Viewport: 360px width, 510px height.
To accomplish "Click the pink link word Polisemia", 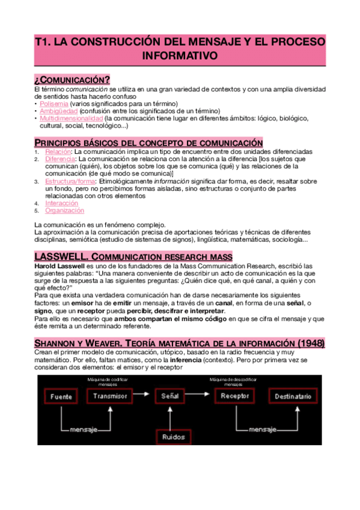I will tap(53, 103).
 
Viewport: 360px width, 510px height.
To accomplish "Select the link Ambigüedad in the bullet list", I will tap(59, 111).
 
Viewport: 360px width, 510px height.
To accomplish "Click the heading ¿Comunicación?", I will tap(72, 81).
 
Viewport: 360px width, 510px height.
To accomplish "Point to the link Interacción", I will tap(61, 203).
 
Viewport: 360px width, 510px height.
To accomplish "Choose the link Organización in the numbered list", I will tap(64, 210).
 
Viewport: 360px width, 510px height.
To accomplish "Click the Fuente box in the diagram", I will tap(61, 397).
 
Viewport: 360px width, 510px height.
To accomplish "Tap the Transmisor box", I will tap(110, 396).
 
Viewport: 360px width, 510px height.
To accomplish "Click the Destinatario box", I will tap(293, 397).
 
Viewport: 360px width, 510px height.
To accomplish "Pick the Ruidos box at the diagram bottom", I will tap(173, 437).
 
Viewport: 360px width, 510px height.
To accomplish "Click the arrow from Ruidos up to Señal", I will tap(173, 416).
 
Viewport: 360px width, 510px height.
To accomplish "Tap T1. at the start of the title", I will tap(42, 42).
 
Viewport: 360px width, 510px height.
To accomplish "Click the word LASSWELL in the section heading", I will tap(62, 256).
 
